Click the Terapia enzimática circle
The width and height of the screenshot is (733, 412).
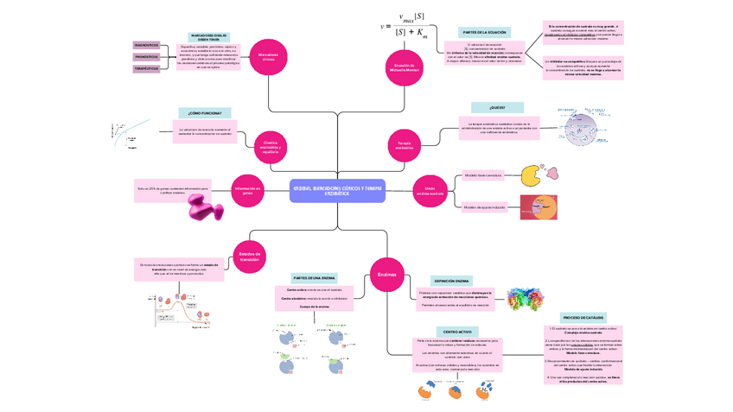point(405,147)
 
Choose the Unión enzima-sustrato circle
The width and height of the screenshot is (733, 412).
point(430,189)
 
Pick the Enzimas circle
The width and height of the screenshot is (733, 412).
point(386,275)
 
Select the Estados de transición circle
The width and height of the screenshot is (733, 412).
point(250,257)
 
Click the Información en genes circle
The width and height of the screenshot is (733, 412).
point(247,189)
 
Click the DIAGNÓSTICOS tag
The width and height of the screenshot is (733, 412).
point(146,45)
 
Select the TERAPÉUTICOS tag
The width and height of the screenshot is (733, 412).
point(146,68)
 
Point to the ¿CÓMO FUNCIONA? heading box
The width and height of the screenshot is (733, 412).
point(205,113)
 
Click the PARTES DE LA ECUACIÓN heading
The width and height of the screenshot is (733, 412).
point(484,31)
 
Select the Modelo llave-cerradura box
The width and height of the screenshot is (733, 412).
point(483,174)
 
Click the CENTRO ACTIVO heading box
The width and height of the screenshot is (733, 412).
point(457,332)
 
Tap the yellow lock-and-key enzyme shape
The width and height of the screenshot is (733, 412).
point(532,175)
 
